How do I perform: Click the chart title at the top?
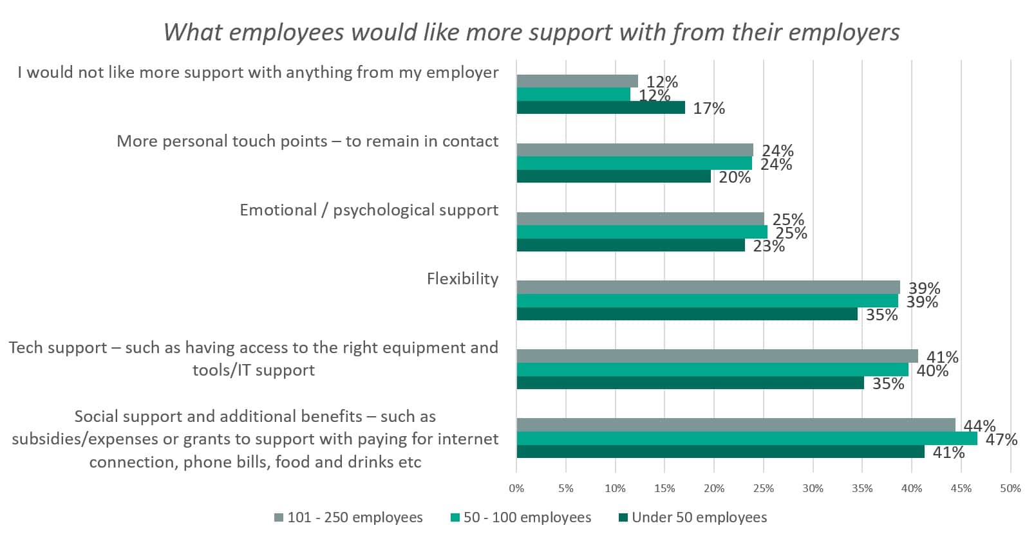[531, 32]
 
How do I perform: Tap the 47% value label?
[1001, 439]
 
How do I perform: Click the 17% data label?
[709, 109]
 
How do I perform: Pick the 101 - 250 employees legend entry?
[348, 518]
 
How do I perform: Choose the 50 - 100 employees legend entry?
[521, 518]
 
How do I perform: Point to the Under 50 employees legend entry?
[693, 518]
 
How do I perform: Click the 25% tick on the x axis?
[764, 488]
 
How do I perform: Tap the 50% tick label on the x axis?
[1010, 488]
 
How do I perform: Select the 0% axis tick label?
[516, 488]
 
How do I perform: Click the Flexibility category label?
[462, 279]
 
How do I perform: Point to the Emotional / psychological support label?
[369, 210]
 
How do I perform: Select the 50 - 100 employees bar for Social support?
[747, 439]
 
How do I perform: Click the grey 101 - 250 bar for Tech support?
[717, 356]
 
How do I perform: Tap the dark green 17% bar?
[601, 107]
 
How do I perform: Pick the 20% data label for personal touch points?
[735, 178]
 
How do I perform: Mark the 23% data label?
[769, 246]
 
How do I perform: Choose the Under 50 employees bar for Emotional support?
[630, 245]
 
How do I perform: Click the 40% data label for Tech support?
[932, 370]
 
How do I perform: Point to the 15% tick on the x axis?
[664, 488]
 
